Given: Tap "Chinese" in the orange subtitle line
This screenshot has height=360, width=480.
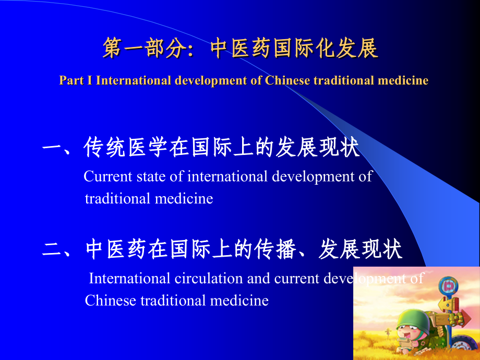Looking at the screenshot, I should [x=288, y=80].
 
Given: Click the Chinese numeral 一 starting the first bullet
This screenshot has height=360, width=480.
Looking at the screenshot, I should [x=52, y=148].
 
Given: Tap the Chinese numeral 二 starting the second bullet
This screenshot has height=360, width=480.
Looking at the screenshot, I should [x=52, y=250].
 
